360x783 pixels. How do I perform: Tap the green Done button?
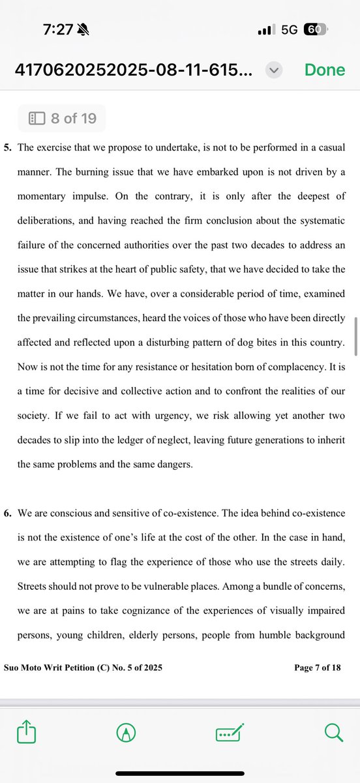point(324,70)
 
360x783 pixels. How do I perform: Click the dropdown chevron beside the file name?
point(274,70)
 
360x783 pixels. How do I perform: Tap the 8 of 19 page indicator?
point(61,118)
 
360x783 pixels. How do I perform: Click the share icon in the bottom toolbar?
point(26,733)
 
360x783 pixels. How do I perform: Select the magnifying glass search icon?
point(333,733)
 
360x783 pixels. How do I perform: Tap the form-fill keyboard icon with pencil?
point(230,733)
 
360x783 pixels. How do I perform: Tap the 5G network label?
point(289,30)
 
